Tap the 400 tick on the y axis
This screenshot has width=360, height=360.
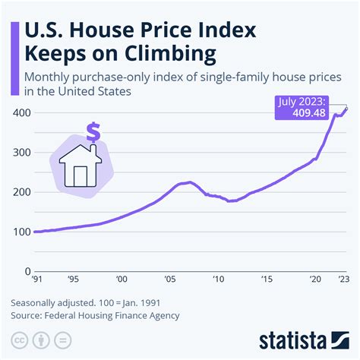click(21, 112)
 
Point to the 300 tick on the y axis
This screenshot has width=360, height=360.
click(21, 152)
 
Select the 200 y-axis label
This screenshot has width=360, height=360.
click(21, 191)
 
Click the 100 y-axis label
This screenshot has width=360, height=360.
click(21, 231)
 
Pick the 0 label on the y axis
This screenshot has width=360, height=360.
click(27, 270)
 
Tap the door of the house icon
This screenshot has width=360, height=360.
click(81, 174)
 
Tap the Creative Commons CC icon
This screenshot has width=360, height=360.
click(17, 338)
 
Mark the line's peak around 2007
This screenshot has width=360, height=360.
click(189, 182)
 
